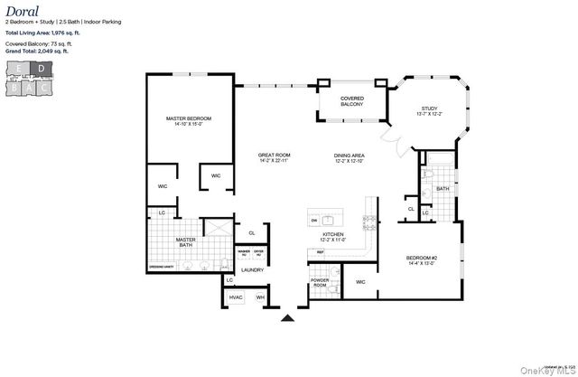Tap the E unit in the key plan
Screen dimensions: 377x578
click(x=19, y=68)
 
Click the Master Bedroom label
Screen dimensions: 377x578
click(x=188, y=121)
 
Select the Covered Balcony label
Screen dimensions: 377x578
click(x=351, y=101)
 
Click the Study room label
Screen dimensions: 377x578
click(x=429, y=111)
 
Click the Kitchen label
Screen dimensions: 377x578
click(x=334, y=237)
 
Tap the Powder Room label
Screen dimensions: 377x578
click(x=320, y=282)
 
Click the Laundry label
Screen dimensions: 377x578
click(x=252, y=269)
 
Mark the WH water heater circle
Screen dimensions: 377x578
click(x=260, y=297)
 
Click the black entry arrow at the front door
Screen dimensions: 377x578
click(x=288, y=317)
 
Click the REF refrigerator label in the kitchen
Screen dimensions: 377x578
click(x=320, y=252)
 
